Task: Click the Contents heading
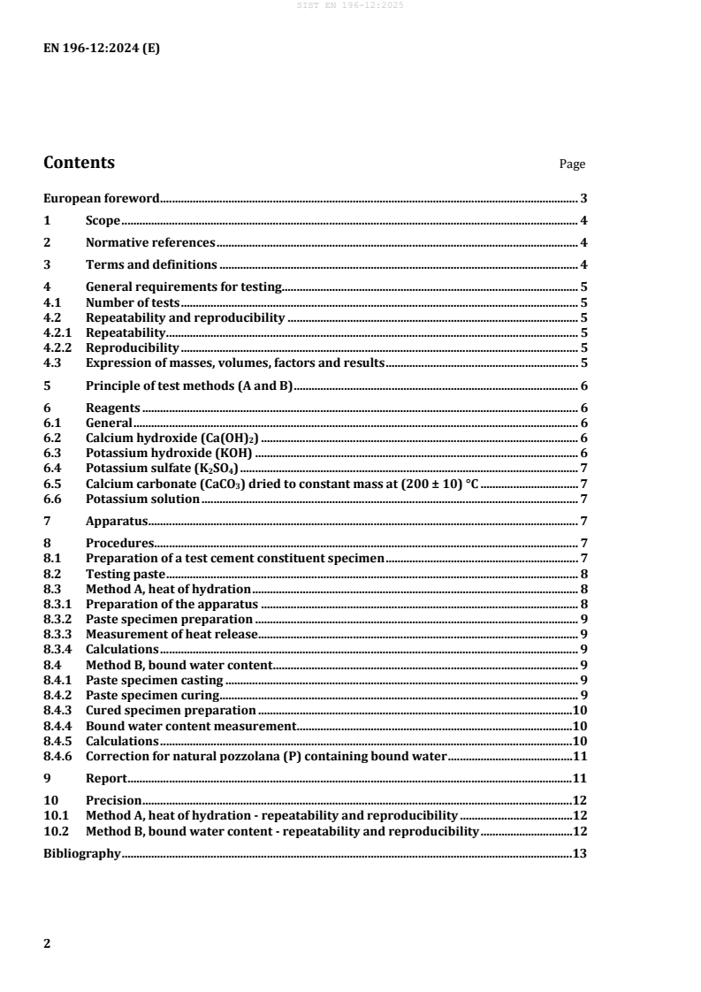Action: click(79, 163)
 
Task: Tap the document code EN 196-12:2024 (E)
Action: click(102, 49)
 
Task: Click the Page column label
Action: click(572, 164)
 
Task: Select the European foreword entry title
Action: click(102, 199)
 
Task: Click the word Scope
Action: click(103, 221)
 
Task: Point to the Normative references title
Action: click(149, 243)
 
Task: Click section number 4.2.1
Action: click(58, 332)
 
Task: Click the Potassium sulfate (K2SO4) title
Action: click(162, 468)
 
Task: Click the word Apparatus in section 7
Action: click(117, 521)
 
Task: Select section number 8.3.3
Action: click(58, 634)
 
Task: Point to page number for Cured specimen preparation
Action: click(581, 710)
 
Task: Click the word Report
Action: click(106, 778)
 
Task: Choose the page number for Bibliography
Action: click(581, 853)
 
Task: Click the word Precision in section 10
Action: click(113, 800)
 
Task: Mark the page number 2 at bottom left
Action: click(48, 942)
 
